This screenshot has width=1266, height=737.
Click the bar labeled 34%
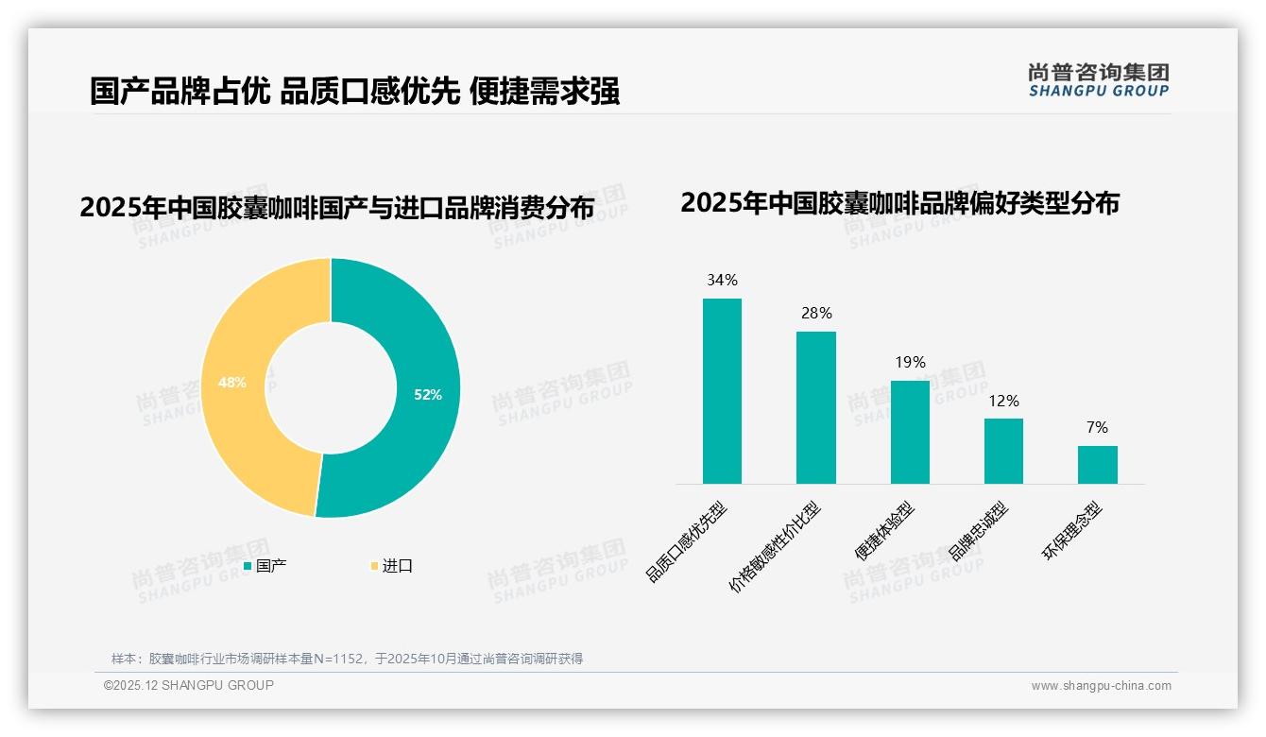[722, 391]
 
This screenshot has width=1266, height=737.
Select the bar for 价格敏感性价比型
[815, 407]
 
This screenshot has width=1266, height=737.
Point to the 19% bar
[910, 432]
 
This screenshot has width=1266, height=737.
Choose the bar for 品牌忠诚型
[1003, 451]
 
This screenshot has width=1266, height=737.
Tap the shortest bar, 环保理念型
[1097, 465]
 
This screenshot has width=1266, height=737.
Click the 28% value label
[816, 313]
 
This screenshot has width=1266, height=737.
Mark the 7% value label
[1097, 427]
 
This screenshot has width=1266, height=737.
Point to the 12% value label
[1003, 401]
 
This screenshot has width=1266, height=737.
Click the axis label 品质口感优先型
[688, 542]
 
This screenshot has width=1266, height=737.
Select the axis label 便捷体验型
[884, 532]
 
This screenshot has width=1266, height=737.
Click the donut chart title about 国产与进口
[337, 208]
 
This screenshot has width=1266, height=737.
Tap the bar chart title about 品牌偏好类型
[899, 203]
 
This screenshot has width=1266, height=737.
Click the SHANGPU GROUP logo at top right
[1098, 80]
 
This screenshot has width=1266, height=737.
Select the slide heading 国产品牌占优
[354, 92]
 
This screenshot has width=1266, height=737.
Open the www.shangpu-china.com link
[1101, 686]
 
